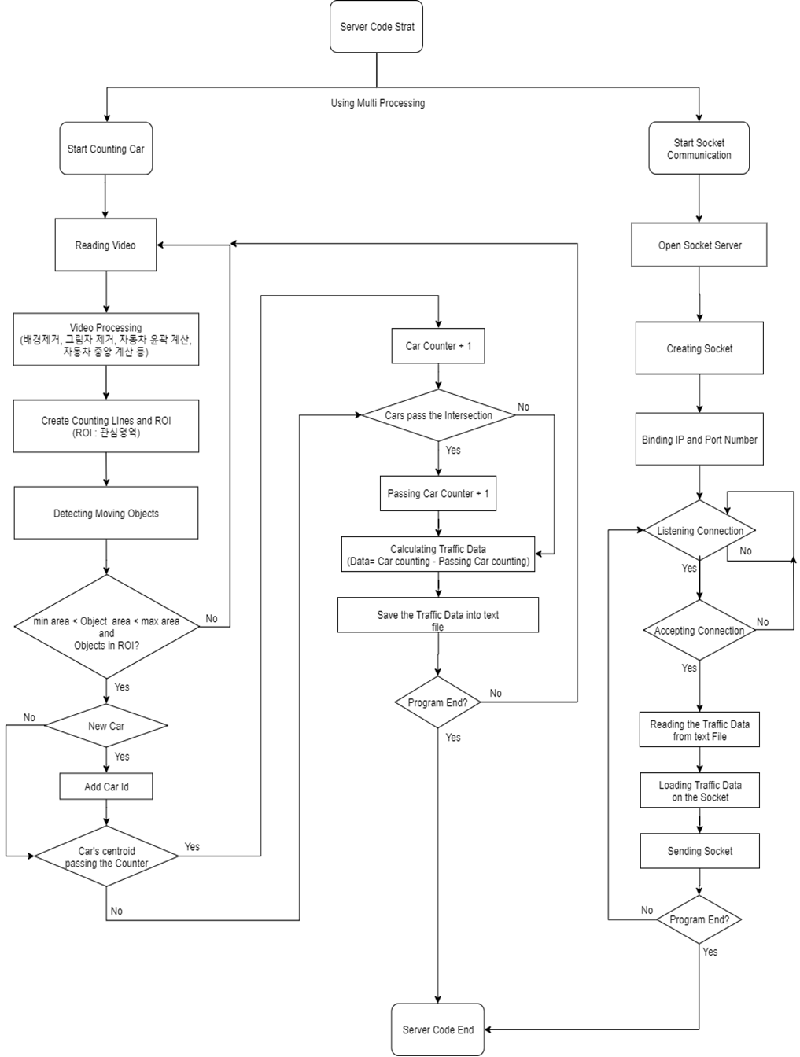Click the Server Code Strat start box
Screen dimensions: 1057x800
(x=377, y=27)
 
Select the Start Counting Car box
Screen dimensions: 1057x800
(x=106, y=149)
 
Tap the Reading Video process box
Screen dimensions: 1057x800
(x=105, y=245)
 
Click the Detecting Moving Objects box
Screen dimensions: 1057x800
(x=106, y=514)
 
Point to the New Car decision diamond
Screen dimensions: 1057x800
(x=106, y=726)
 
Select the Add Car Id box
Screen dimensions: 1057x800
(x=106, y=786)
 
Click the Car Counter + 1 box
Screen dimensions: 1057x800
(x=438, y=346)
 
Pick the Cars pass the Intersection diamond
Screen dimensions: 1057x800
(x=438, y=415)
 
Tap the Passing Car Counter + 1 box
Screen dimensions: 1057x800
(x=438, y=494)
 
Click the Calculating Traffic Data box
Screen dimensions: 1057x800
(x=438, y=555)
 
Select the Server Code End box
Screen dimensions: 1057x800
(x=438, y=1029)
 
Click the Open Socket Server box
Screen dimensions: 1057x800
(x=699, y=245)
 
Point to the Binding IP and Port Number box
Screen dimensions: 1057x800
(x=699, y=440)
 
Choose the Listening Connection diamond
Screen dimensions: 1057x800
(x=699, y=531)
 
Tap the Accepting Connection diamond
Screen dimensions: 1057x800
(x=699, y=631)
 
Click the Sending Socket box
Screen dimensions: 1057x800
(x=699, y=851)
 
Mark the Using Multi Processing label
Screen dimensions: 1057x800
(x=378, y=103)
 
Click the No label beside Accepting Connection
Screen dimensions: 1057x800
(x=762, y=622)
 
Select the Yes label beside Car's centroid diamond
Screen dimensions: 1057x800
(x=192, y=847)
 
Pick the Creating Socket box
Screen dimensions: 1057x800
(x=699, y=348)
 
